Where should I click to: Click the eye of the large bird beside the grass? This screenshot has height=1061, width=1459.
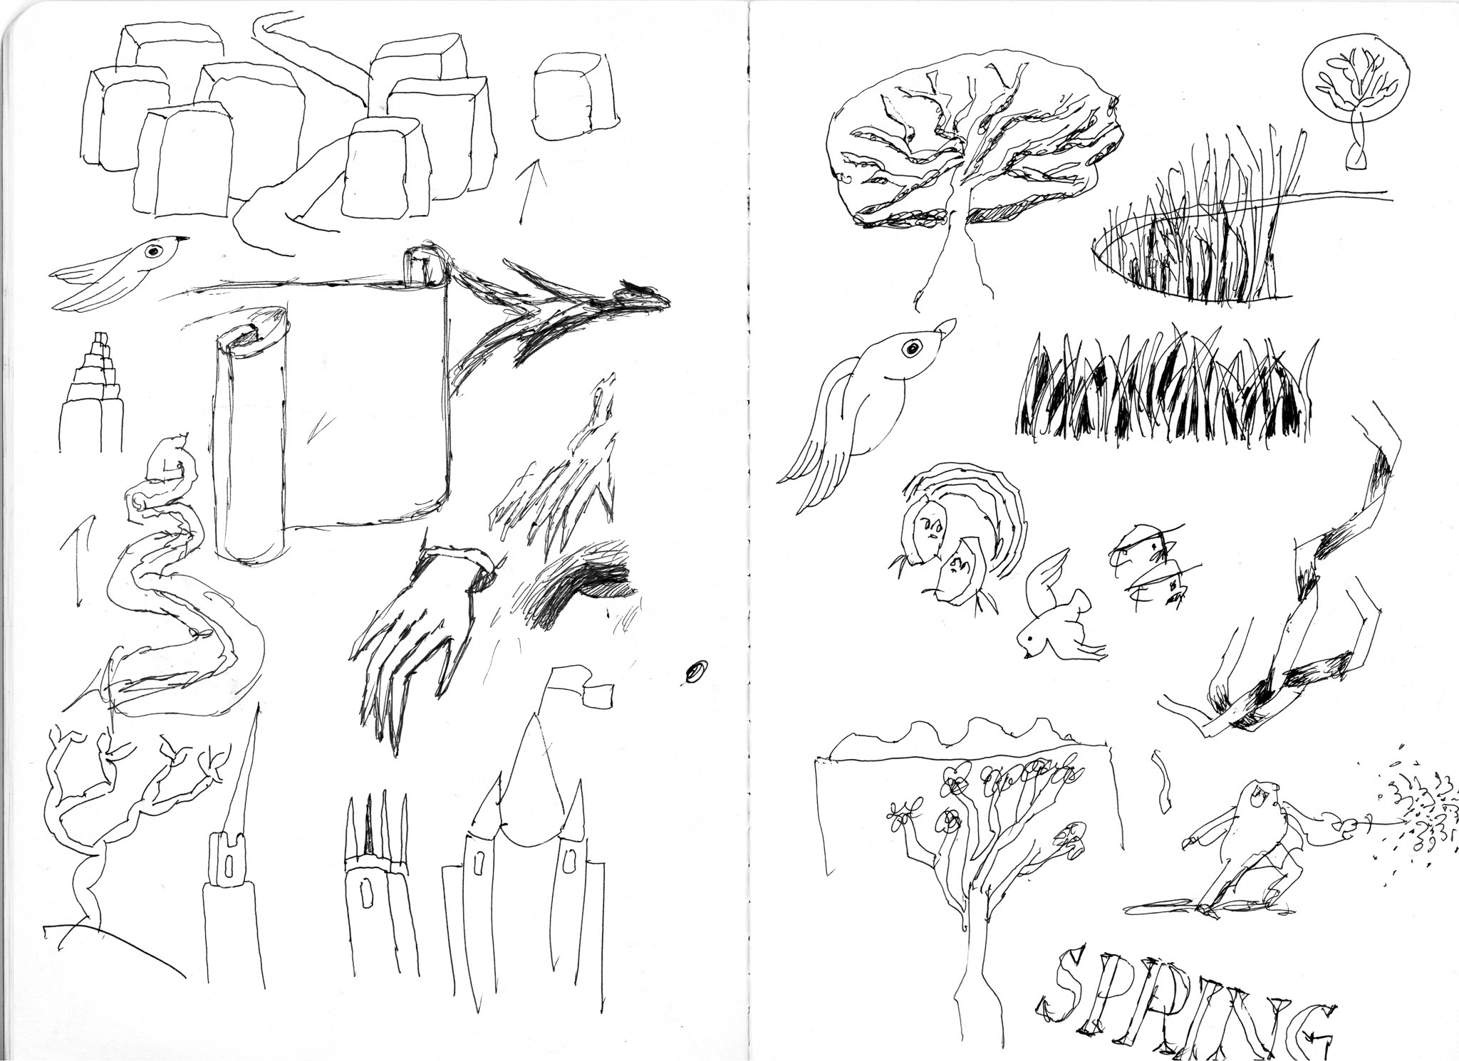tap(911, 348)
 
